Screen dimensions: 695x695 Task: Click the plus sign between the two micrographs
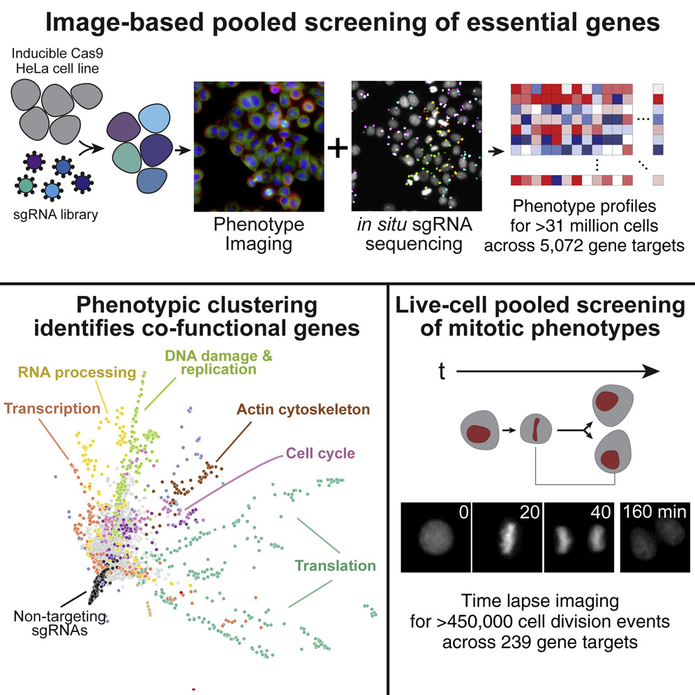coord(337,149)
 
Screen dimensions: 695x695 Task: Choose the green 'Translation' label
coord(336,566)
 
